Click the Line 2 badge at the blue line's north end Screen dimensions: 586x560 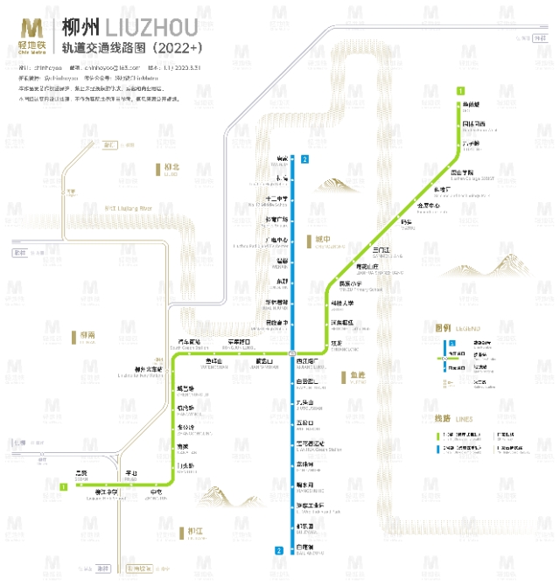[304, 159]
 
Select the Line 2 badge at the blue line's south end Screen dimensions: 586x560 [278, 550]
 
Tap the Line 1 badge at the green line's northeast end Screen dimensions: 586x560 [460, 90]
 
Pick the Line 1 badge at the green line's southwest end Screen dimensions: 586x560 [64, 486]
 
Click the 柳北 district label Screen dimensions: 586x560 [171, 167]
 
